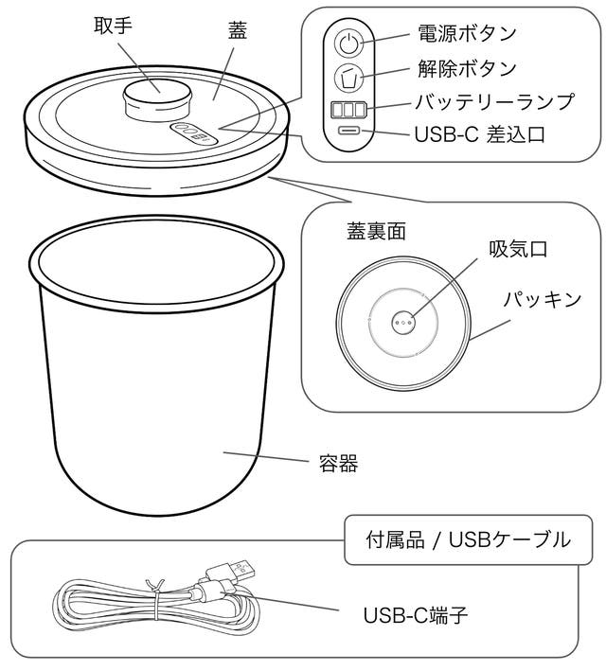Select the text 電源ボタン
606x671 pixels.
click(467, 33)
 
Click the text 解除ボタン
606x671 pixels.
click(467, 68)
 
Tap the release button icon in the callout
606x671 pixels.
click(349, 77)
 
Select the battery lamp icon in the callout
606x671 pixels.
click(349, 109)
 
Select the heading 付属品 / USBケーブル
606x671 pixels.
click(468, 539)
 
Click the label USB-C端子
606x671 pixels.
click(416, 615)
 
